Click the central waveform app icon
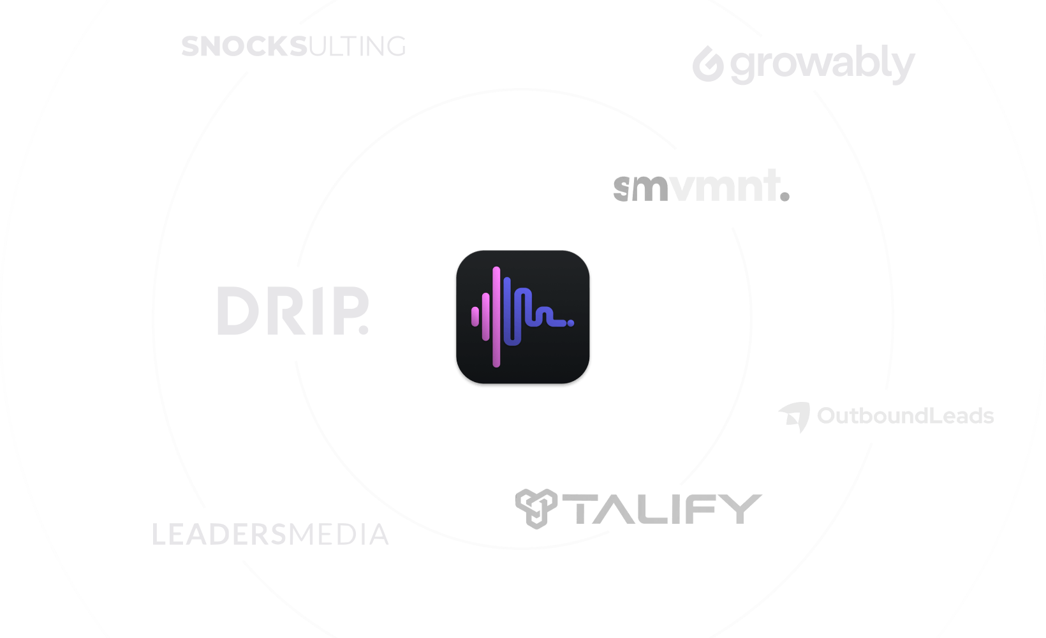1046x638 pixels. (x=523, y=318)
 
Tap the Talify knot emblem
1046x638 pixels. (x=536, y=508)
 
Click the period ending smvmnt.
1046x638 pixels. (x=784, y=197)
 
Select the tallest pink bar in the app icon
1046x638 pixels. (x=496, y=317)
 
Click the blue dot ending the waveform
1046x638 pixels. (x=571, y=323)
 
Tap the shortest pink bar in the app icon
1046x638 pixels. (x=475, y=316)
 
